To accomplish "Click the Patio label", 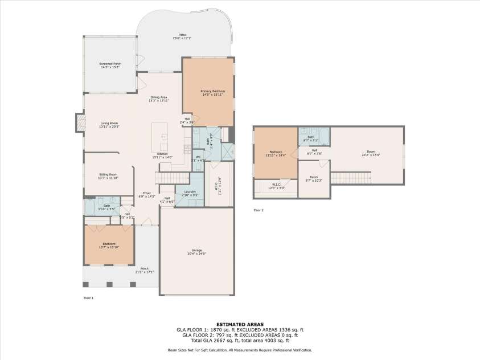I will (182, 36).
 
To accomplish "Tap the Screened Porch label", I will (110, 65).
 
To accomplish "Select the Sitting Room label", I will (108, 175).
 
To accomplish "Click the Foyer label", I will (146, 194).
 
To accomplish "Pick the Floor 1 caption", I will (88, 297).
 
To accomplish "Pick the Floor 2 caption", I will (259, 210).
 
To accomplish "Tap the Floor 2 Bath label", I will (311, 138).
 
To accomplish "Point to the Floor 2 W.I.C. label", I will (276, 185).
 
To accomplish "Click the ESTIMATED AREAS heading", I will (240, 324).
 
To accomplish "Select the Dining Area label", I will (158, 99).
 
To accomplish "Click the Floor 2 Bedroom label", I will (276, 153).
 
